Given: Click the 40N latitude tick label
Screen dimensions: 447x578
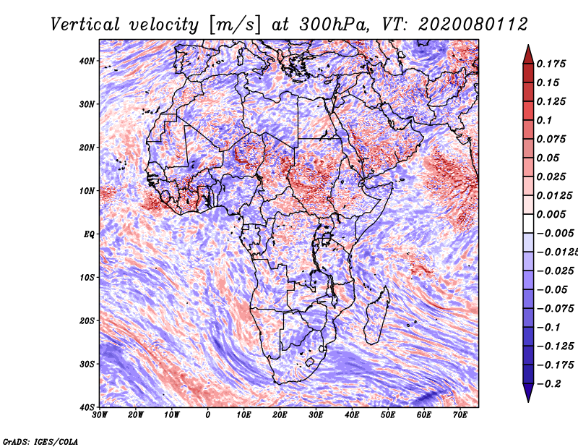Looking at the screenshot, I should point(87,61).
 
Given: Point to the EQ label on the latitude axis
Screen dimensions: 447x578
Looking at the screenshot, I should point(89,234).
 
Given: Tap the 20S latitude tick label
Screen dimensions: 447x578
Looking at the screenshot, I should point(87,320).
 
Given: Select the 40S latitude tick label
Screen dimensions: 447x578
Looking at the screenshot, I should point(87,406).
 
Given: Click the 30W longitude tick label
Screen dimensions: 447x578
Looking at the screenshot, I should point(100,414).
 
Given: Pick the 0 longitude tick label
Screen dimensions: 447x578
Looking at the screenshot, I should point(208,414).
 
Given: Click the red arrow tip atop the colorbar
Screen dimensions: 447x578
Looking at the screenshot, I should point(528,49).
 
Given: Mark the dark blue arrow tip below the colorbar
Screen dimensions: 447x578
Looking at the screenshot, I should point(528,395).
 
